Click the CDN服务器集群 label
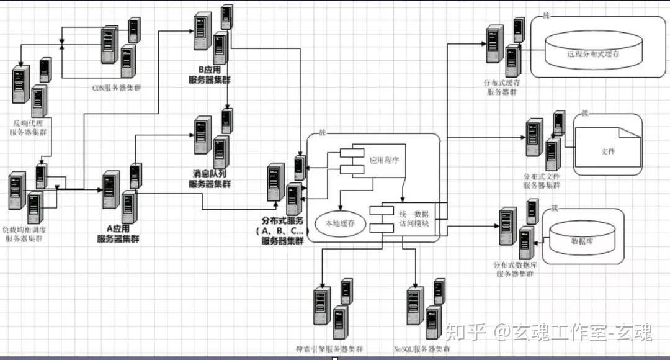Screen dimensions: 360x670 pyautogui.click(x=117, y=88)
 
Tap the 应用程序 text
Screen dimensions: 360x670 pyautogui.click(x=385, y=160)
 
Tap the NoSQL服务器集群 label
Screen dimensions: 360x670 pyautogui.click(x=422, y=349)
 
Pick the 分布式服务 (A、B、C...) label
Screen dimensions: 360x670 pyautogui.click(x=282, y=230)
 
